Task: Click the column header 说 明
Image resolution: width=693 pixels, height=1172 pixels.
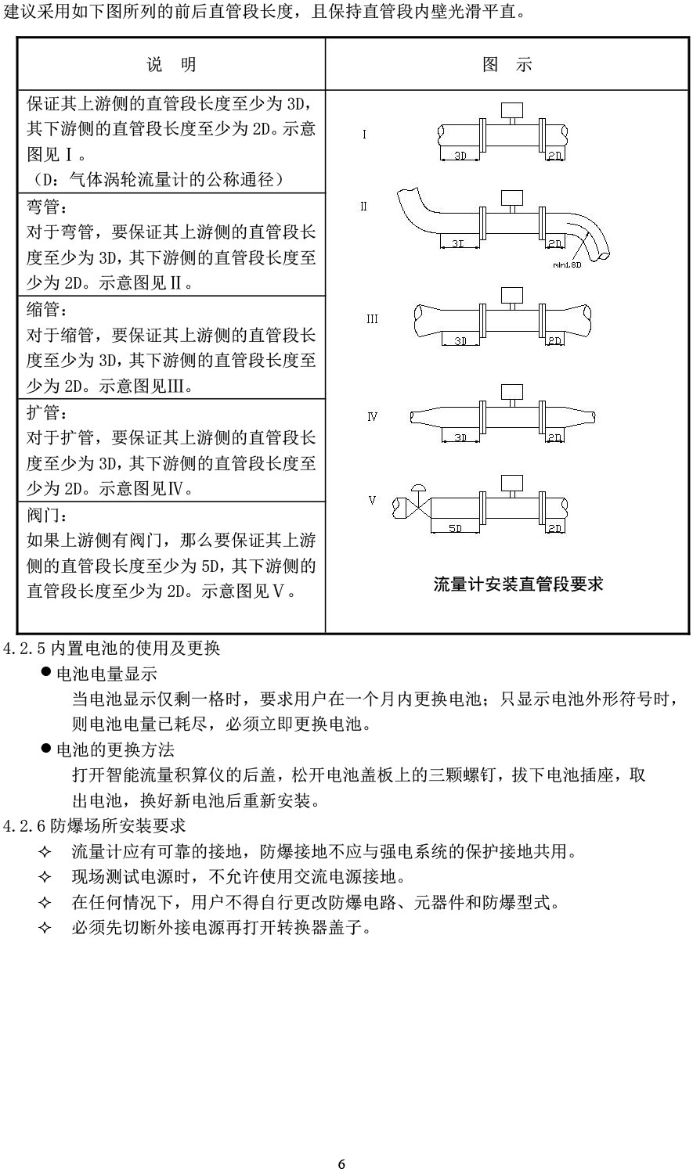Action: [171, 65]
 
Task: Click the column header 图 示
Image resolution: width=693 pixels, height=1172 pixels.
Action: [507, 65]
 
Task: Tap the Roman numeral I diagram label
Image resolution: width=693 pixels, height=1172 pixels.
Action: [364, 135]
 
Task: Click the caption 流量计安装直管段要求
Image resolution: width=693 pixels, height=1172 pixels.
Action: [518, 584]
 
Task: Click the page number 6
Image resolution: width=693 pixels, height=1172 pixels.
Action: [341, 1163]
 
